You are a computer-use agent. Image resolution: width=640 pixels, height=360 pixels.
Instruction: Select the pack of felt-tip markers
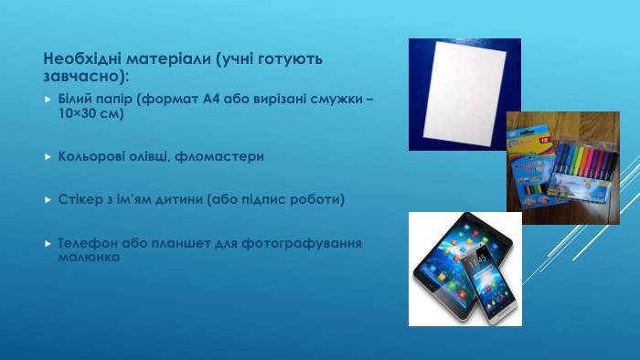click(x=586, y=169)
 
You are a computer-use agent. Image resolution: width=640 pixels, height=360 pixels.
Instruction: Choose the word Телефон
click(x=86, y=243)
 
